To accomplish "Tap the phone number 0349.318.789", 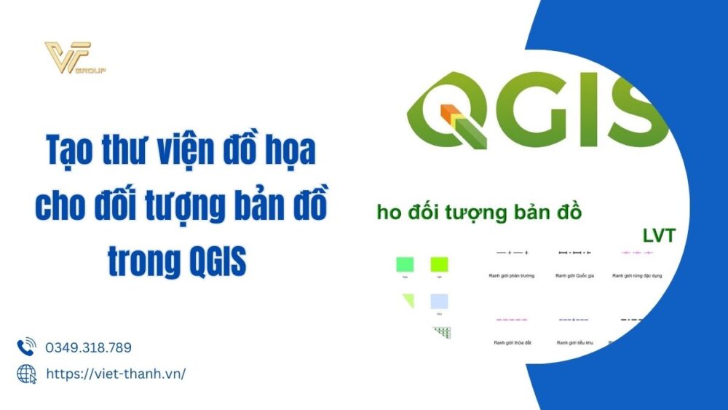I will pyautogui.click(x=88, y=347).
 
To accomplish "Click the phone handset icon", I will pyautogui.click(x=26, y=347).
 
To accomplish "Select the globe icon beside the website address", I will pyautogui.click(x=26, y=374).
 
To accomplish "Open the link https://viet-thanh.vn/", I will pyautogui.click(x=116, y=374).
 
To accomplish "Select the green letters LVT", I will pyautogui.click(x=660, y=235).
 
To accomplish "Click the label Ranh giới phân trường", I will pyautogui.click(x=511, y=276).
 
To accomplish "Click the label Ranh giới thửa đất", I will pyautogui.click(x=511, y=342).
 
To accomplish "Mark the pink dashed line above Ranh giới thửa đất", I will pyautogui.click(x=511, y=320).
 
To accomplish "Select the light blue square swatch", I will pyautogui.click(x=439, y=301).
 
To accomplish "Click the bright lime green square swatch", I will pyautogui.click(x=439, y=264).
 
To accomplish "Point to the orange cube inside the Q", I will pyautogui.click(x=450, y=112).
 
